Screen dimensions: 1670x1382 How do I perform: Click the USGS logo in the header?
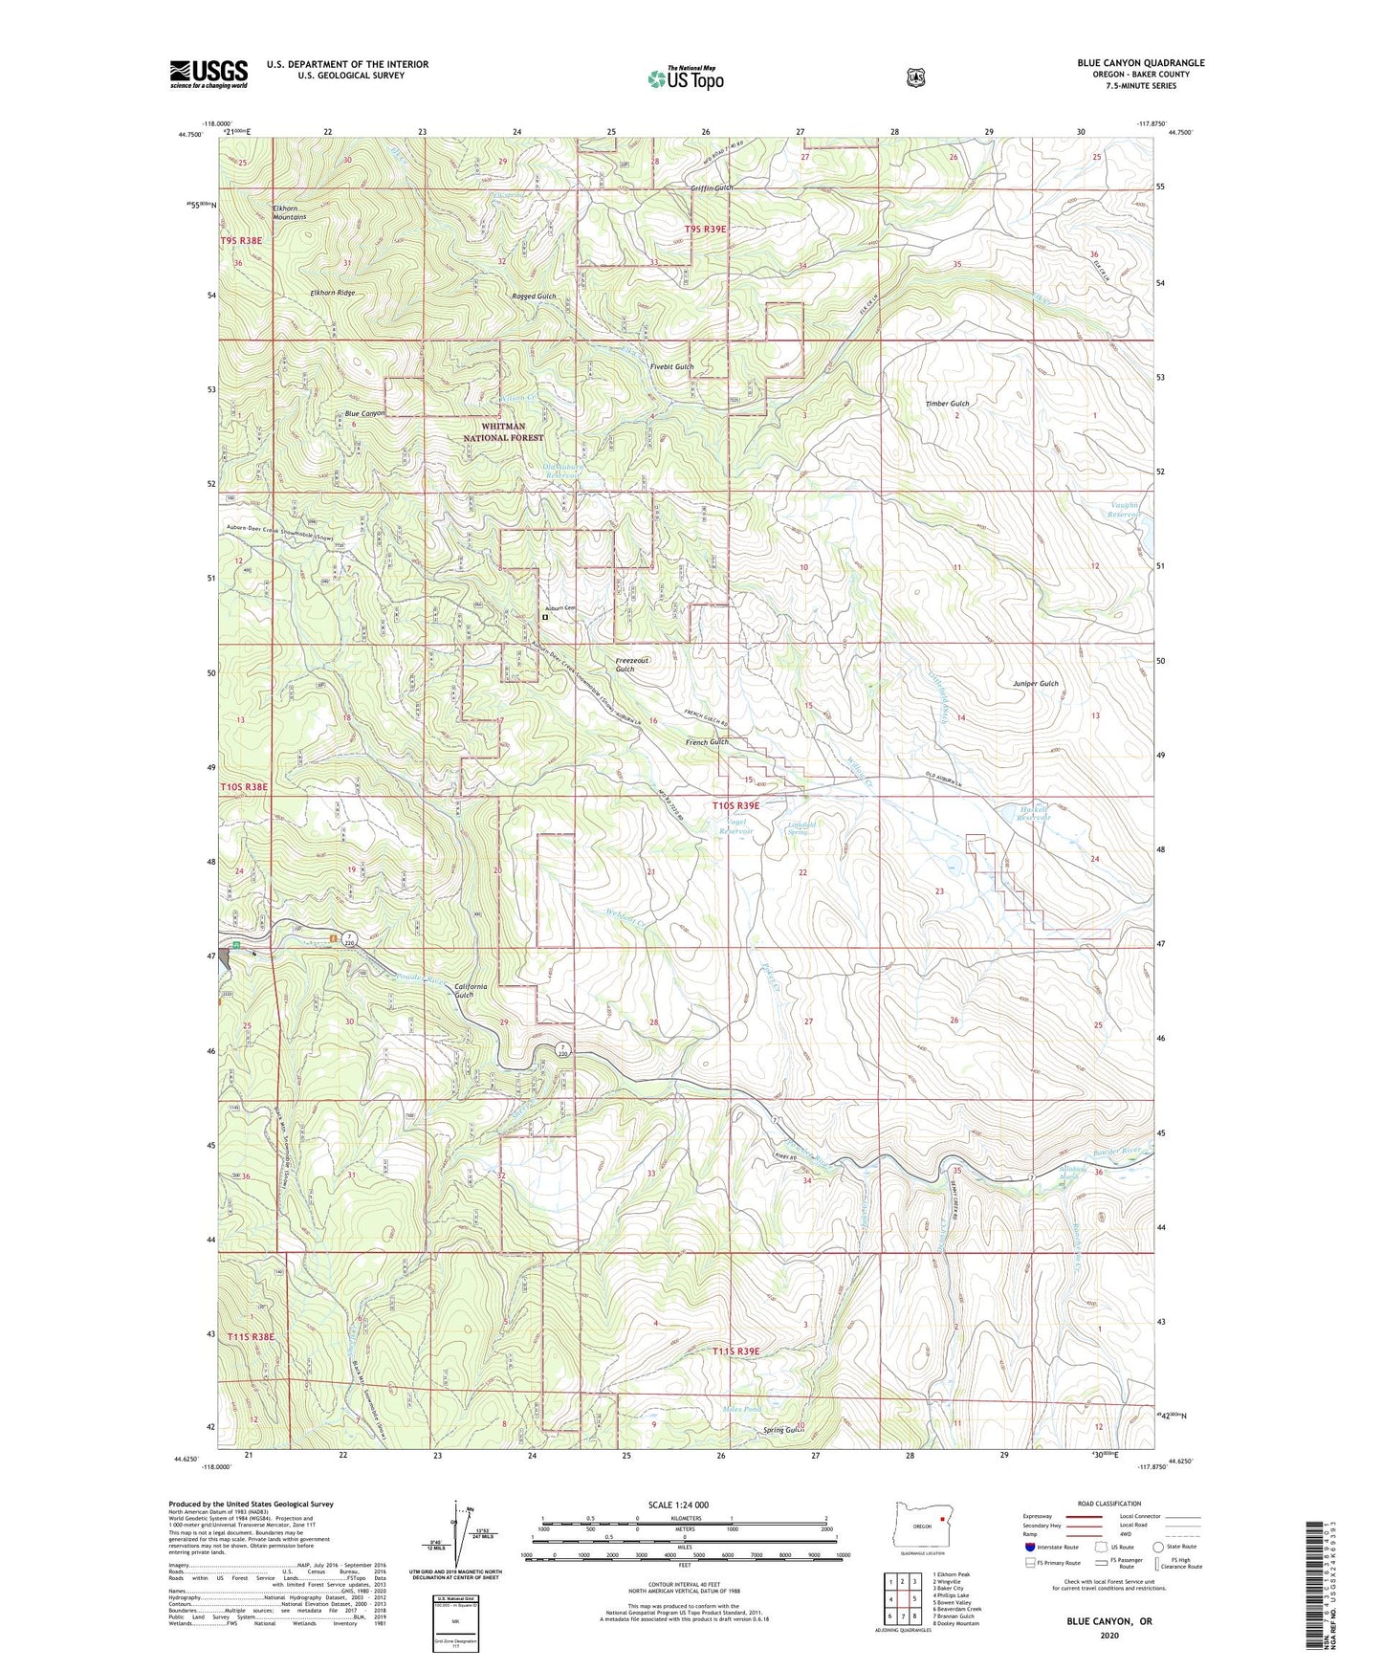pyautogui.click(x=208, y=74)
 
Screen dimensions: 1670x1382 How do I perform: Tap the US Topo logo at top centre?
pyautogui.click(x=684, y=78)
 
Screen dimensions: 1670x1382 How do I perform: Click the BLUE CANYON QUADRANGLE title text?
pyautogui.click(x=1140, y=63)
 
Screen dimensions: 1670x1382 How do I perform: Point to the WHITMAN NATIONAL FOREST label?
pyautogui.click(x=503, y=432)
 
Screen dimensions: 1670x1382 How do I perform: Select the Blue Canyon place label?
pyautogui.click(x=364, y=414)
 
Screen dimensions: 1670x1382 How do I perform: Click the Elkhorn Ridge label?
pyautogui.click(x=332, y=293)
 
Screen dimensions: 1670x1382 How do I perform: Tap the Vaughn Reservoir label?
pyautogui.click(x=1125, y=510)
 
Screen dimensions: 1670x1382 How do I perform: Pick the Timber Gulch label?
pyautogui.click(x=947, y=404)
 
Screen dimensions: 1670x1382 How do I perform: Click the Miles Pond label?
pyautogui.click(x=742, y=1409)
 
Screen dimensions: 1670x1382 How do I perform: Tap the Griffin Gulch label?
pyautogui.click(x=712, y=188)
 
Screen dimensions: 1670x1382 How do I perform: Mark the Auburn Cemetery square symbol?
pyautogui.click(x=545, y=618)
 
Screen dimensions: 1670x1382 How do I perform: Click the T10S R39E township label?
pyautogui.click(x=735, y=806)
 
